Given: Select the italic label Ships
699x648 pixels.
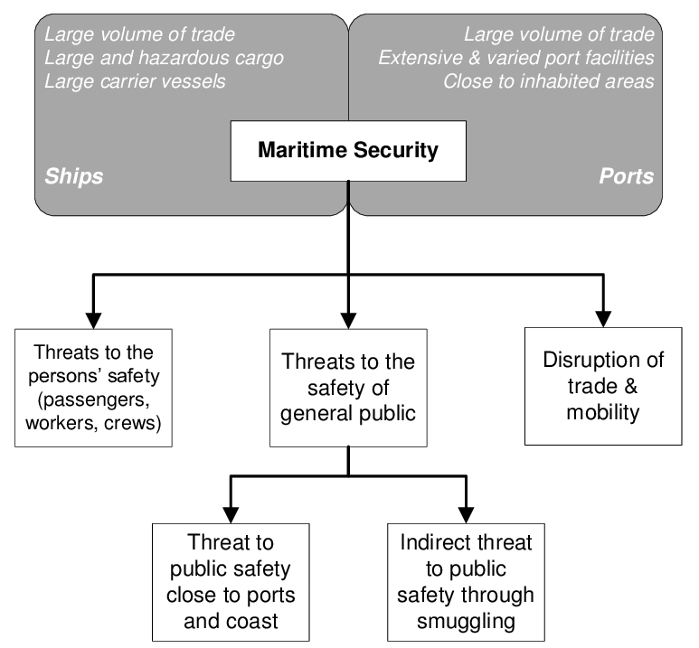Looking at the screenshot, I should pyautogui.click(x=74, y=175).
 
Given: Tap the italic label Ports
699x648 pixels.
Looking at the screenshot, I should pyautogui.click(x=626, y=175).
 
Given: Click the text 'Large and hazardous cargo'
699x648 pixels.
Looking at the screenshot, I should pyautogui.click(x=164, y=59).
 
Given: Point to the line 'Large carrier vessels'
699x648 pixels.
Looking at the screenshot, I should pyautogui.click(x=137, y=82).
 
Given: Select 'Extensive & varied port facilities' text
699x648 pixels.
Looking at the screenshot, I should pyautogui.click(x=515, y=59).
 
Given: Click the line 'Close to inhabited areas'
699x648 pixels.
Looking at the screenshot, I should pyautogui.click(x=548, y=82).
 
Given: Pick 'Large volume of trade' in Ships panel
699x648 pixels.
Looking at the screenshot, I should pyautogui.click(x=139, y=35).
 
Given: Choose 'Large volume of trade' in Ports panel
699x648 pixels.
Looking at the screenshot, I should pyautogui.click(x=558, y=35).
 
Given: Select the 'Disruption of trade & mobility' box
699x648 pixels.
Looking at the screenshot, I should pyautogui.click(x=603, y=387).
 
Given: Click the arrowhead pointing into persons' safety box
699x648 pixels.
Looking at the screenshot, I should pyautogui.click(x=92, y=318).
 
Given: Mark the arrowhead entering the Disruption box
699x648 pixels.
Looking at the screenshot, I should pyautogui.click(x=603, y=318).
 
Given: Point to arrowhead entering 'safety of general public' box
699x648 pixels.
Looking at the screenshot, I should pyautogui.click(x=348, y=318).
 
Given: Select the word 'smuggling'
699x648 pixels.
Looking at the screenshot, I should pyautogui.click(x=467, y=621).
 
